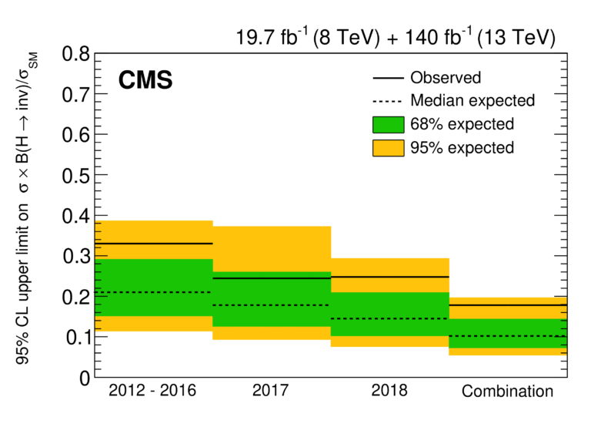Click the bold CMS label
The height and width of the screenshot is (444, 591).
click(145, 80)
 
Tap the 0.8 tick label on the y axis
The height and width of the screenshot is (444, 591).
click(76, 54)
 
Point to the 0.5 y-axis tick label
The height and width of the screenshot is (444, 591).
click(76, 176)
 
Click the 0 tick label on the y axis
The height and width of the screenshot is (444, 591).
click(85, 378)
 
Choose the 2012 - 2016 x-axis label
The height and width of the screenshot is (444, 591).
click(152, 390)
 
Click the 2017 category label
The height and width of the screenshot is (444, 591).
click(270, 390)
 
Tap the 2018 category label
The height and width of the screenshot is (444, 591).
click(389, 390)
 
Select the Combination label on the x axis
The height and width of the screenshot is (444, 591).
click(507, 391)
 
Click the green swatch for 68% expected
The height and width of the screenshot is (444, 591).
click(388, 125)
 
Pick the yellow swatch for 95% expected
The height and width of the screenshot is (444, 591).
click(388, 148)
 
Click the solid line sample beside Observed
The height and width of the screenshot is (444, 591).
click(388, 78)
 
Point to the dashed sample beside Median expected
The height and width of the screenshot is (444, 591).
click(387, 101)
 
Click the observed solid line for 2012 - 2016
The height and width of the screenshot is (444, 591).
click(154, 244)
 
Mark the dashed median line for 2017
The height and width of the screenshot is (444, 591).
click(271, 305)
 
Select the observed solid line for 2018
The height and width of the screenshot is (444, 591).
click(390, 277)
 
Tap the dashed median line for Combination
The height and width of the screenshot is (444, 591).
click(508, 336)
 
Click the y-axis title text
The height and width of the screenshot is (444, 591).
click(26, 208)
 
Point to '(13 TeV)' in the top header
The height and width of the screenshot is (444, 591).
click(516, 38)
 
